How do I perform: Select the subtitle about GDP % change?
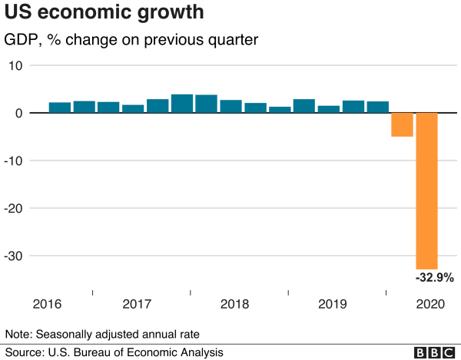pos(131,39)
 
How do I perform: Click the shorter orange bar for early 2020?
pos(402,124)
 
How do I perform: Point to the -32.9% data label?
pos(435,277)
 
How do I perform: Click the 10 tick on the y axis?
pos(15,65)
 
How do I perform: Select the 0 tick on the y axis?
pos(18,113)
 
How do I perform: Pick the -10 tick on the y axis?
pos(14,160)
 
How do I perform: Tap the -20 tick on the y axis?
pos(14,208)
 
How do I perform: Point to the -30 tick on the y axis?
pos(14,256)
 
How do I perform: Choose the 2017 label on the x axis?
pos(136,304)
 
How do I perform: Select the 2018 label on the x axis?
pos(234,304)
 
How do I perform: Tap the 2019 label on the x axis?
pos(333,304)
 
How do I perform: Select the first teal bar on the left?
pos(60,107)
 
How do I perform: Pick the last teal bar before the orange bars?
pos(377,107)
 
